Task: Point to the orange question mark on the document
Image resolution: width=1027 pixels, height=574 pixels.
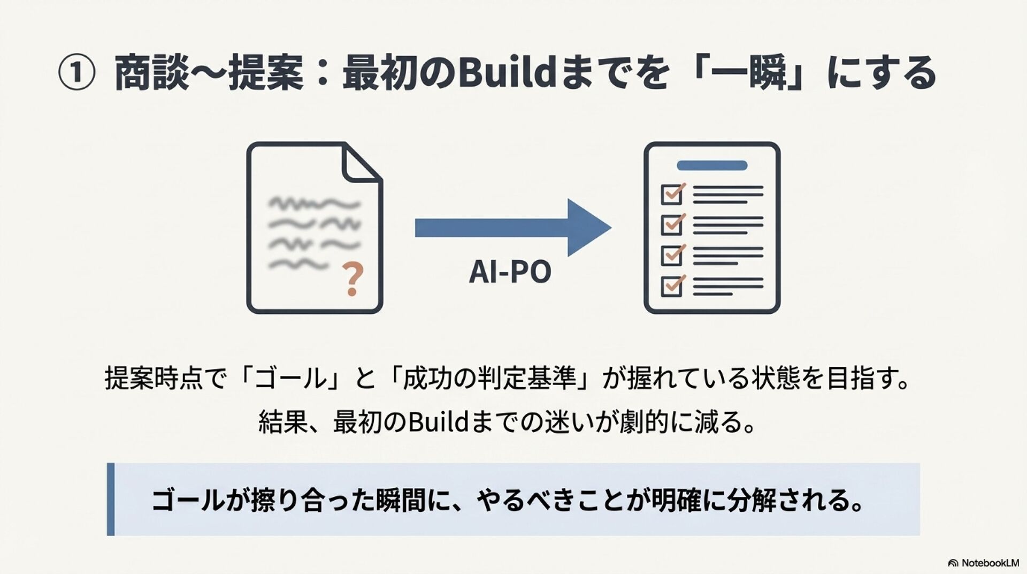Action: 352,279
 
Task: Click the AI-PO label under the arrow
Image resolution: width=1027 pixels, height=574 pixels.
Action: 510,271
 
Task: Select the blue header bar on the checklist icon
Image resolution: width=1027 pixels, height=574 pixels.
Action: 712,165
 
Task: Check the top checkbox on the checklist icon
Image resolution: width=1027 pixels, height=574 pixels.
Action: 672,194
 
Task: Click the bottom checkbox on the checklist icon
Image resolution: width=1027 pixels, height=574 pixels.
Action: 672,286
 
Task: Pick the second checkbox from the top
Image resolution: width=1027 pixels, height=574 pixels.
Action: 672,224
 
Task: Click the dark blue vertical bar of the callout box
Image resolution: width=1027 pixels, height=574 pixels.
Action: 111,499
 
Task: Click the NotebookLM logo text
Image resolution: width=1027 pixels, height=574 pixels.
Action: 990,563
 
